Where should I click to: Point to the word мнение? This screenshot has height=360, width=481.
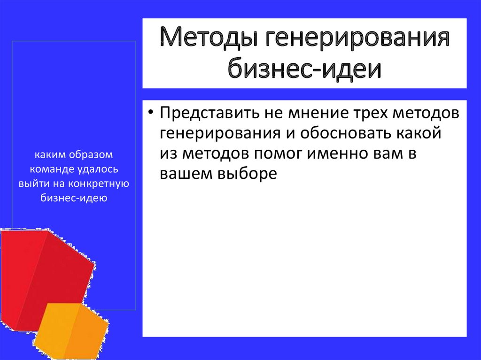318,113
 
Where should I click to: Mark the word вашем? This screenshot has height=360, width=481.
186,174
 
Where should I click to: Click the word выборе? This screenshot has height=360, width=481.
247,174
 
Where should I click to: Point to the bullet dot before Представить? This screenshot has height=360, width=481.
150,112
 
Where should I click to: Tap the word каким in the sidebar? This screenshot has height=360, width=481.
50,154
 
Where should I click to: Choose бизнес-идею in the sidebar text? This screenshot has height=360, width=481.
74,198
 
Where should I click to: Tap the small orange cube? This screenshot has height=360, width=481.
72,331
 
